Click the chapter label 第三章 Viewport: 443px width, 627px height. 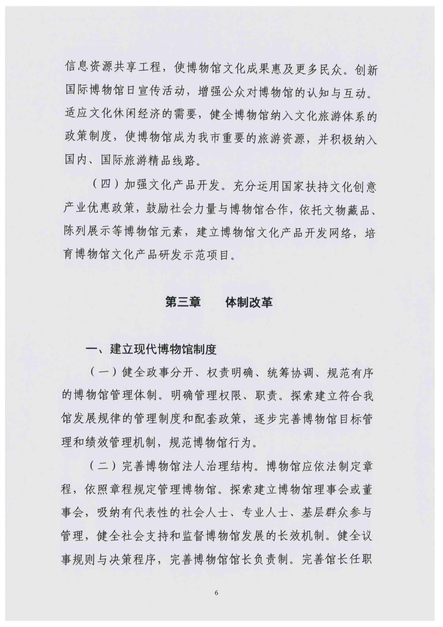[x=183, y=303]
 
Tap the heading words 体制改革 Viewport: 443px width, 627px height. [x=249, y=303]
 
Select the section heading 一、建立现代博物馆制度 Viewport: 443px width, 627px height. [x=151, y=349]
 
